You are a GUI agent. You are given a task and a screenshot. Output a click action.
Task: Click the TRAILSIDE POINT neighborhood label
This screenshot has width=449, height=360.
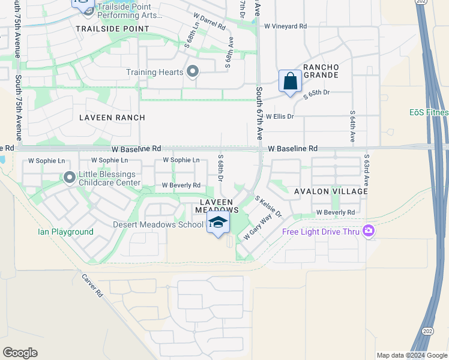pos(112,29)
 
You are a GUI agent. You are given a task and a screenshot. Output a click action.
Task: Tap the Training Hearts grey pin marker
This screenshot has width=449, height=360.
pos(193,72)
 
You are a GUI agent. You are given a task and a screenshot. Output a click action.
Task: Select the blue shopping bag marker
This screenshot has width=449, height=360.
pos(290,81)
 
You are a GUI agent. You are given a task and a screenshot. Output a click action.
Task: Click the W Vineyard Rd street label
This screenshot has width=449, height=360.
pos(286,26)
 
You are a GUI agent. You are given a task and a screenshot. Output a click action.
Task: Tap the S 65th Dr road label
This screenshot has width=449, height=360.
pos(317,93)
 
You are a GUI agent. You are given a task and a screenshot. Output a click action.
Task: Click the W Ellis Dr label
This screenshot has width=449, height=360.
pos(280,116)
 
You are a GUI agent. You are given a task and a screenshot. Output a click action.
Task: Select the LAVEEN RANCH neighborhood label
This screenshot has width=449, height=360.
pos(112,118)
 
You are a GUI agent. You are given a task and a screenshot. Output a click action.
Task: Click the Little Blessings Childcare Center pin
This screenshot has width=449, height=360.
pos(70,177)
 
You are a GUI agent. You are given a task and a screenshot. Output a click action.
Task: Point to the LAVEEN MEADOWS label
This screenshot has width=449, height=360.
pos(217,205)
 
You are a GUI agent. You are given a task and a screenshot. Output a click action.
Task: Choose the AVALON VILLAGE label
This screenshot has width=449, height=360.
pos(331,191)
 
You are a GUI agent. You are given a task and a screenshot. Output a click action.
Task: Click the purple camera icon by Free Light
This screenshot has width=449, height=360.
pos(368,230)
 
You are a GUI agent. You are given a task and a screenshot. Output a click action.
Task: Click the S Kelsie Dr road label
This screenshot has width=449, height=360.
pos(268,206)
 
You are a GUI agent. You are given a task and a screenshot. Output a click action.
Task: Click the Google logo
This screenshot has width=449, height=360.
pos(20,353)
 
